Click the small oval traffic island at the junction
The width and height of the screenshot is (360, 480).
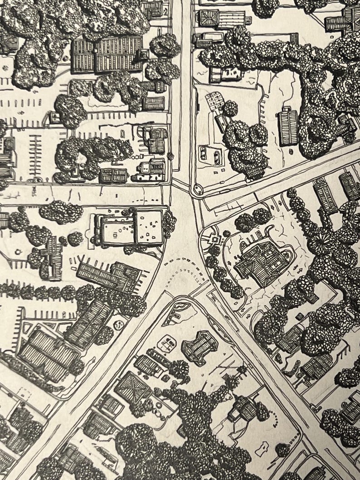[x=197, y=189]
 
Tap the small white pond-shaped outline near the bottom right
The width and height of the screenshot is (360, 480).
[x=262, y=450]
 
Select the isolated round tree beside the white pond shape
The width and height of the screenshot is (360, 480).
[x=282, y=450]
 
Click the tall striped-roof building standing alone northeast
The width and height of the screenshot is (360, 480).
[x=288, y=126]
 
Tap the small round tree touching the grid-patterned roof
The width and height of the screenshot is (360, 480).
[x=230, y=108]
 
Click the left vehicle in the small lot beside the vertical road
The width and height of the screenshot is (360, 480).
[x=203, y=154]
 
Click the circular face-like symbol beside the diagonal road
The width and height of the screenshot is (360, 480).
[x=119, y=325]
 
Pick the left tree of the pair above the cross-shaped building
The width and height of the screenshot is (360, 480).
[x=245, y=222]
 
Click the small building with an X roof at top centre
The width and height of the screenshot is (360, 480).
[x=209, y=18]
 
